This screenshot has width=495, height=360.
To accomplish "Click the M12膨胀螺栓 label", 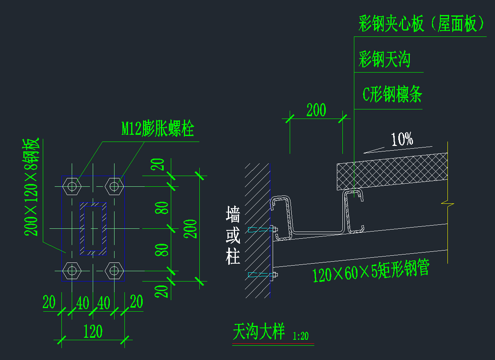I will (158, 128).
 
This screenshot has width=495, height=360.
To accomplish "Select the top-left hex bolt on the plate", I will (72, 186).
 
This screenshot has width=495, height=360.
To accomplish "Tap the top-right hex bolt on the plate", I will (114, 186).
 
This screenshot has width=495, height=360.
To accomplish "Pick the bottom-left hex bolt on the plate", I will (72, 270).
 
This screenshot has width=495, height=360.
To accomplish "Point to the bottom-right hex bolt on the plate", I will (114, 270).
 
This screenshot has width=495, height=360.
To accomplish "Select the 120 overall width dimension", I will (93, 331).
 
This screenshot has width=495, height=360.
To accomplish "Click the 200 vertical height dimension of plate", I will (191, 228).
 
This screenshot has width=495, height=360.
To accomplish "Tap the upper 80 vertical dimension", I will (162, 207).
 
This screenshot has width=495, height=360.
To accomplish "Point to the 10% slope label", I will (402, 139).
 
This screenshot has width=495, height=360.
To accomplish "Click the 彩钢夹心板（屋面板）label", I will (421, 24).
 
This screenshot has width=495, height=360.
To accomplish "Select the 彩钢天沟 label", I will (384, 60).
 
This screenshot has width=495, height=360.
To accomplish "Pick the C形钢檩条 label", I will (392, 95).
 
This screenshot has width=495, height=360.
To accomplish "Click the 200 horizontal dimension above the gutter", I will (316, 110).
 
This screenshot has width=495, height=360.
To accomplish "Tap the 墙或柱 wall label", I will (233, 235).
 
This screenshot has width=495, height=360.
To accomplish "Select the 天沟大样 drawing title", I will (259, 332).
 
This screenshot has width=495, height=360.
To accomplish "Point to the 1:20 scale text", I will (300, 336).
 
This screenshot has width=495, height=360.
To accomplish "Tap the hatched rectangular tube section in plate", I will (94, 228).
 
